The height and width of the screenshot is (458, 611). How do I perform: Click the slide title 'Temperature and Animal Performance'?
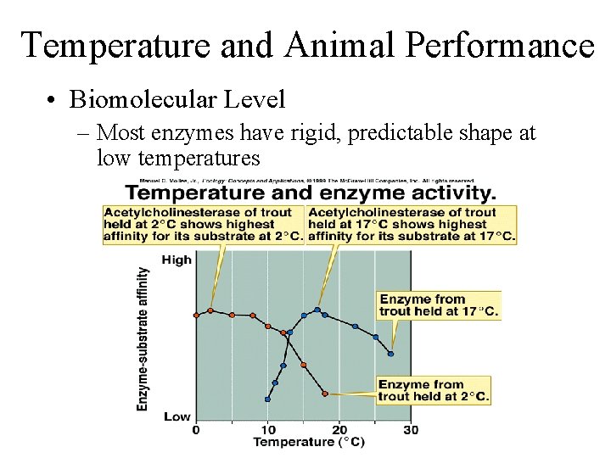point(307,45)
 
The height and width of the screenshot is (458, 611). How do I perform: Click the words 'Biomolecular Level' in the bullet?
point(177,100)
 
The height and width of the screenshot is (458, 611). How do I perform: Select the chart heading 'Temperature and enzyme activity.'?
point(311,193)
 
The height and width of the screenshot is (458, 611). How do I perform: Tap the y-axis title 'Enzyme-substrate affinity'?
point(143,339)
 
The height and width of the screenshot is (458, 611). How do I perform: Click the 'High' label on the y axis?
point(177,260)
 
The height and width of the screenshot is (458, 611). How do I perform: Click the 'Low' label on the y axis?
point(177,416)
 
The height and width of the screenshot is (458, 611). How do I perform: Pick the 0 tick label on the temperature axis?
point(196,430)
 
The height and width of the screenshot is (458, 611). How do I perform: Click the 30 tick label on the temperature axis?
point(411,430)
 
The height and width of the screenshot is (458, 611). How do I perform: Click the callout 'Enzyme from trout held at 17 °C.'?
point(438,304)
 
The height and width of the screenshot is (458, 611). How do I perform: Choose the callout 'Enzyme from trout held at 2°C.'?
point(434,390)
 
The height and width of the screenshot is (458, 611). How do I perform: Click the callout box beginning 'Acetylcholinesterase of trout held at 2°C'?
point(203,225)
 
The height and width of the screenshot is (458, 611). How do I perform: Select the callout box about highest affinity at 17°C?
point(412,225)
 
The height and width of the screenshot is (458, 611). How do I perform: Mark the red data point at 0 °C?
point(196,315)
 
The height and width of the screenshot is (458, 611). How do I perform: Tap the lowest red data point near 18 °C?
point(325,394)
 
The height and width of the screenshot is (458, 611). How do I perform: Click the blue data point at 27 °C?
point(391,353)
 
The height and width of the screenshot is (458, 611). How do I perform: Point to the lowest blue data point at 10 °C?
point(267,399)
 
